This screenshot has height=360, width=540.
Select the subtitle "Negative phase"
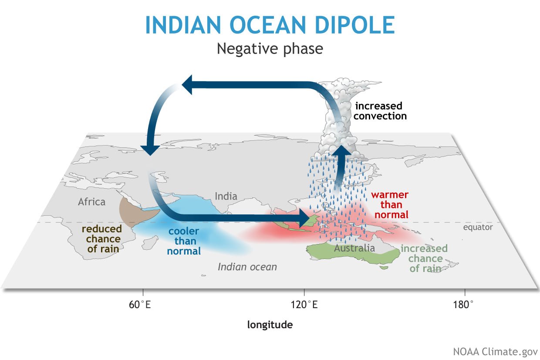270,48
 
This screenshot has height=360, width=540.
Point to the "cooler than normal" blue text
184,241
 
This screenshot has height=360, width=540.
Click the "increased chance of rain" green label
424,258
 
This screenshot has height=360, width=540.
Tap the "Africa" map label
91,202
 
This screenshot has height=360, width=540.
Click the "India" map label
226,196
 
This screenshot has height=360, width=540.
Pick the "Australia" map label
354,248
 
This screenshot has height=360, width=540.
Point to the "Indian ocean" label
247,266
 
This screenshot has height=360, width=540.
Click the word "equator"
478,227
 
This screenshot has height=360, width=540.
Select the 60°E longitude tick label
140,304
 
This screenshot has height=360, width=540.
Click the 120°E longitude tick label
304,304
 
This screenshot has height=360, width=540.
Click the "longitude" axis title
270,324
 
